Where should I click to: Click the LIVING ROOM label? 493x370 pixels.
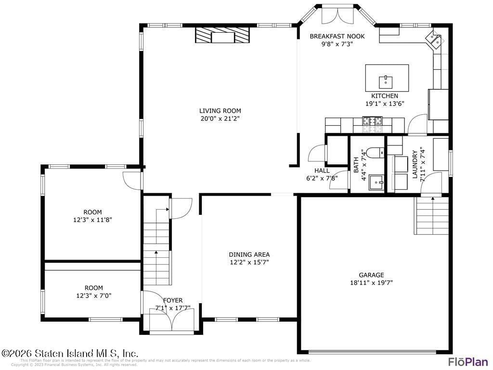click(x=221, y=111)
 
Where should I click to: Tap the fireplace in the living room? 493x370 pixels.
click(x=222, y=36)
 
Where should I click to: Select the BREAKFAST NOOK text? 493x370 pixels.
click(x=337, y=36)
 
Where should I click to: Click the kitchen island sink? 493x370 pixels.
click(x=386, y=80)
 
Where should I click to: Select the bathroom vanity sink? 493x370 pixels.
click(x=376, y=183)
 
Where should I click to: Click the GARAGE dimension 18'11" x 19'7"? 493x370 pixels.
click(x=371, y=283)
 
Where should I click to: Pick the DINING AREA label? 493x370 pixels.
click(x=249, y=254)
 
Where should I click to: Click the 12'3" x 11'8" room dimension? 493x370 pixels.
click(x=92, y=220)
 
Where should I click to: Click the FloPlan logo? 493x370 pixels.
click(x=467, y=362)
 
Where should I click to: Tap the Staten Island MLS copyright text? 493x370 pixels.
click(x=70, y=353)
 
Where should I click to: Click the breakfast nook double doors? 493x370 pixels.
click(x=337, y=14)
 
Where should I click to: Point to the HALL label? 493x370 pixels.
click(x=322, y=171)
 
